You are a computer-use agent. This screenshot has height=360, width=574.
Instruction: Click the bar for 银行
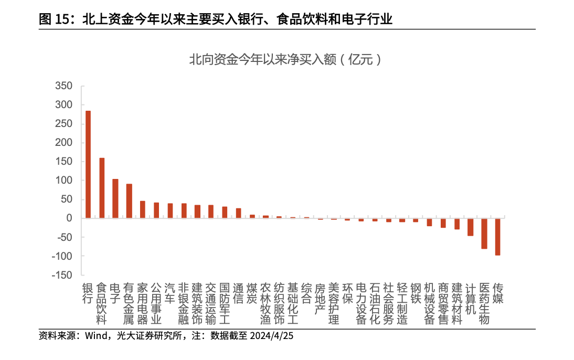[88, 164]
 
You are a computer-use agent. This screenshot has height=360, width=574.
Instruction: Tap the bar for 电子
[115, 198]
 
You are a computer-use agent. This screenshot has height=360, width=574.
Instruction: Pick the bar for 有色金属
[129, 201]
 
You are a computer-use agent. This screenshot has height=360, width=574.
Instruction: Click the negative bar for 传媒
[497, 237]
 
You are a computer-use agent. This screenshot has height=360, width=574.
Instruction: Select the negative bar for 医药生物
[484, 234]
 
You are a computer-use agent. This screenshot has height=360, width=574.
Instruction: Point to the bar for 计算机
[470, 227]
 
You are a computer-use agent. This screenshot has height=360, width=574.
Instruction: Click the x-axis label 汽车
[169, 293]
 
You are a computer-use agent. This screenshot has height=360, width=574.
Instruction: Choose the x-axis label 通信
[238, 293]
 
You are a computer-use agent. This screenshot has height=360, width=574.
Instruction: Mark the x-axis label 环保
[347, 293]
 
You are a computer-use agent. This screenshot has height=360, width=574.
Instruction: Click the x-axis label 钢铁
[415, 293]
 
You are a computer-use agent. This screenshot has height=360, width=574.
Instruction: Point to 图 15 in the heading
[54, 20]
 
